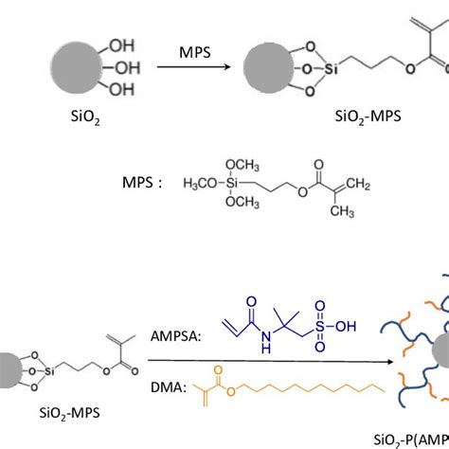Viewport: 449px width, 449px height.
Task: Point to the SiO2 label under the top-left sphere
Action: [x=65, y=121]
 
